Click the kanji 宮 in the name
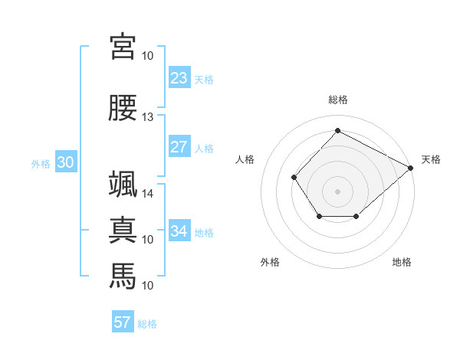[x=123, y=47]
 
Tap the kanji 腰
[x=123, y=107]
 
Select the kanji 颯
[x=123, y=184]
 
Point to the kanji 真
[x=123, y=230]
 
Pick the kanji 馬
[x=123, y=276]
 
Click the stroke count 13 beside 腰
[x=147, y=117]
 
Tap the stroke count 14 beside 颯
[x=147, y=194]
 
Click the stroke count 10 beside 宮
[x=147, y=56]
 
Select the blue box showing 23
[x=179, y=77]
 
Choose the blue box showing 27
[x=179, y=146]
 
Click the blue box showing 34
[x=179, y=230]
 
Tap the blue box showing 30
[x=66, y=162]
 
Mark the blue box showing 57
[x=123, y=321]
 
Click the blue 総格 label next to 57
[x=147, y=324]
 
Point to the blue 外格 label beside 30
[x=41, y=164]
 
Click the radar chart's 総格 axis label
[x=338, y=100]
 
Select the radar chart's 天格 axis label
[x=431, y=159]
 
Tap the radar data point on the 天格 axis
[x=411, y=168]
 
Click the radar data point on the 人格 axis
[x=294, y=177]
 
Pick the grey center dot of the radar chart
[x=337, y=191]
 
